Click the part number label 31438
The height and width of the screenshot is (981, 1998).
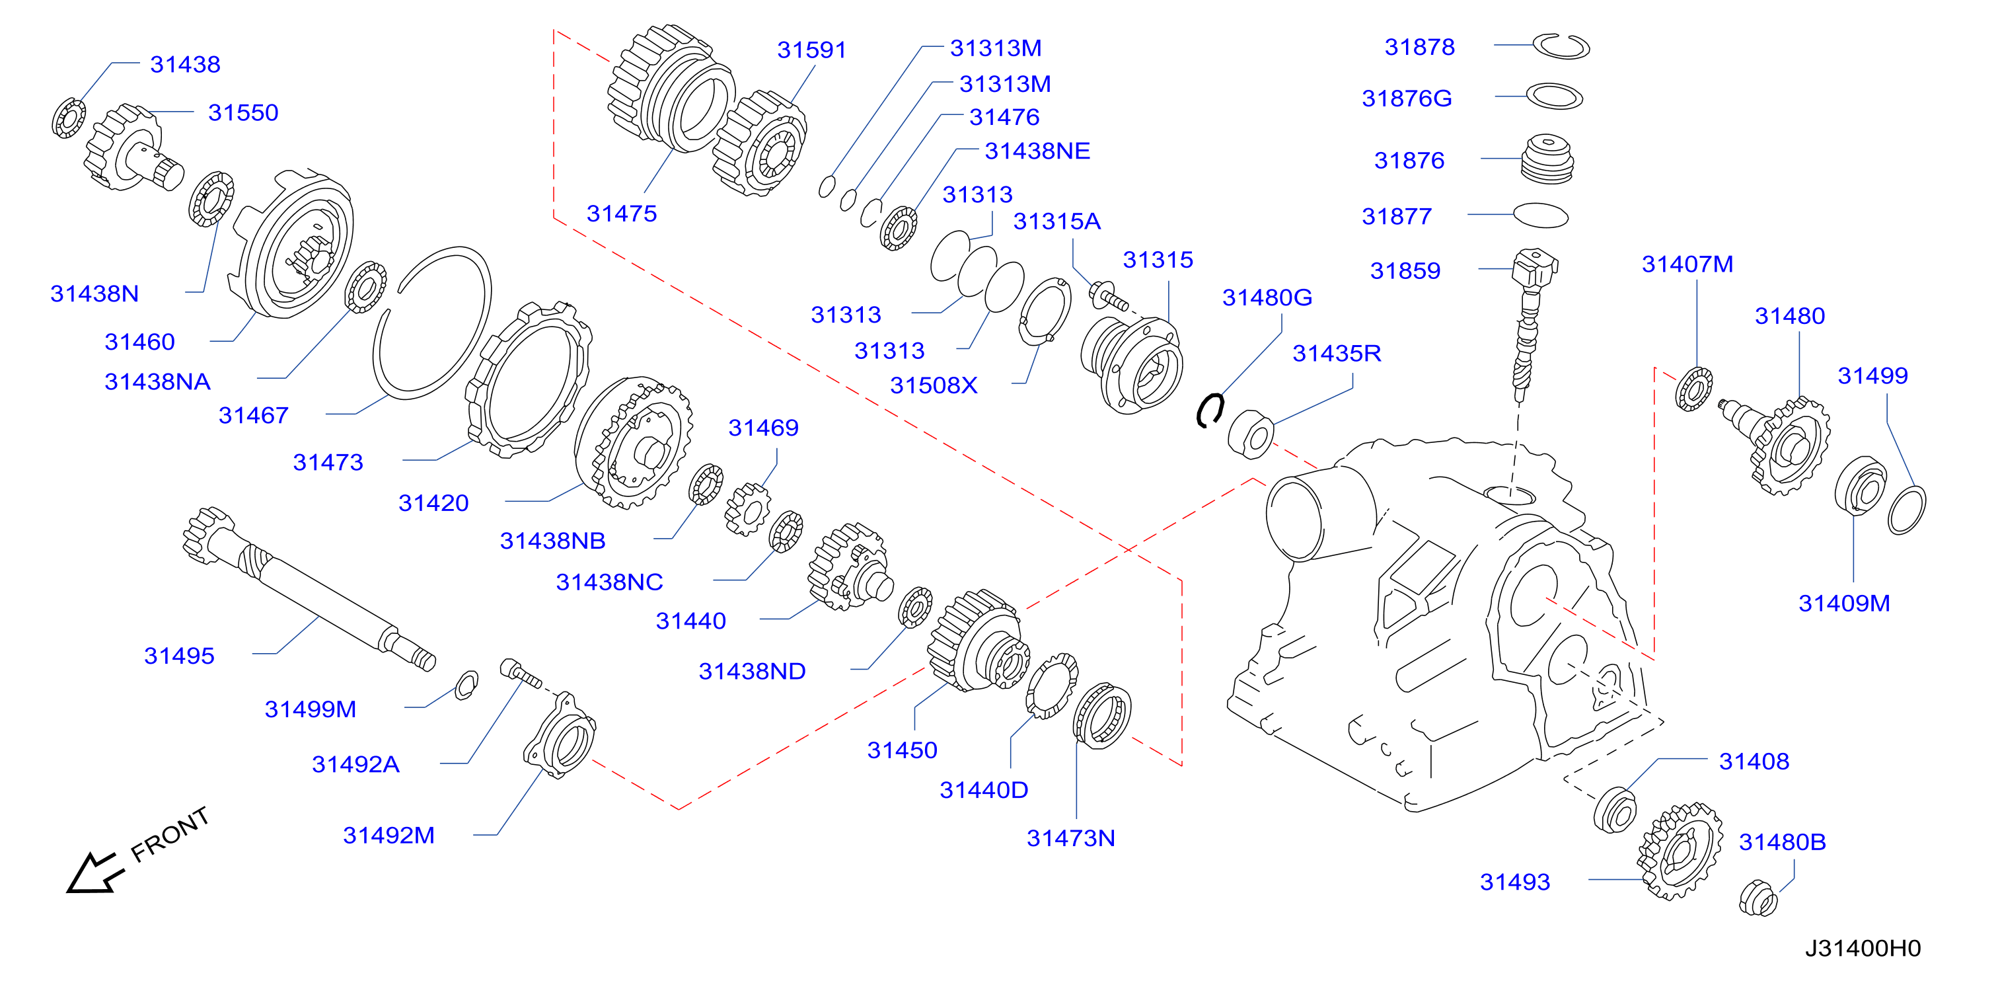click(186, 64)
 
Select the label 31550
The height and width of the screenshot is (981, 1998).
click(242, 112)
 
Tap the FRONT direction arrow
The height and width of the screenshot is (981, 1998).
click(94, 873)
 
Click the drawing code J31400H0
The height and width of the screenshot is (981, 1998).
click(1863, 948)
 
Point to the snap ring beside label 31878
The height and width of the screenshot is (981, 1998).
click(1561, 46)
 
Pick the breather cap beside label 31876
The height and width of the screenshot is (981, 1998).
click(1547, 159)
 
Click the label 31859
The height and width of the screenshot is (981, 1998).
click(1405, 271)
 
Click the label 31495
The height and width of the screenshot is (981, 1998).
click(179, 656)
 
